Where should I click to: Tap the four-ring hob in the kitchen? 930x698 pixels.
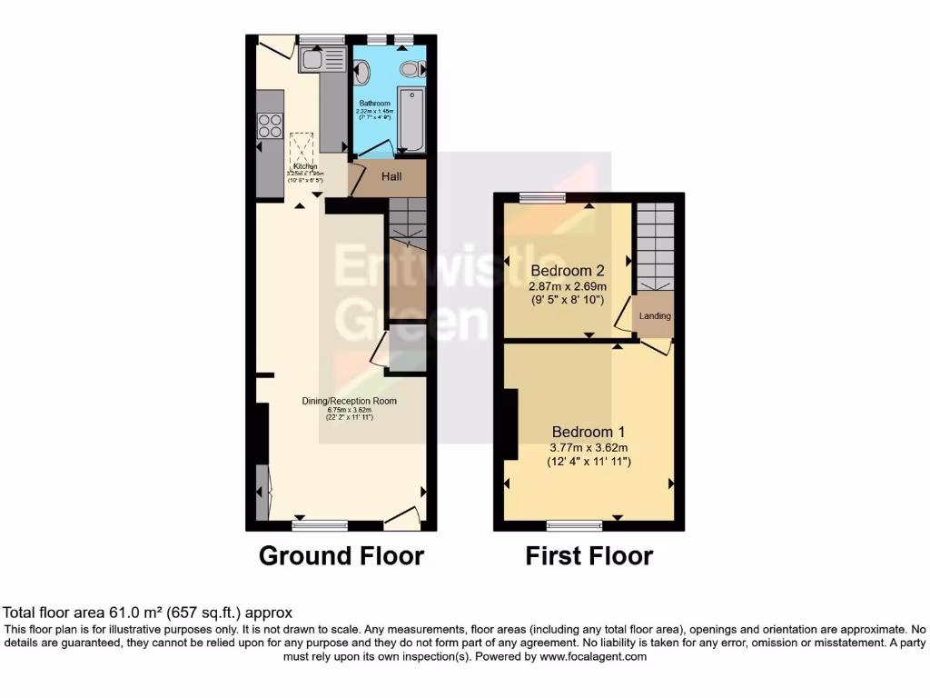pyautogui.click(x=270, y=125)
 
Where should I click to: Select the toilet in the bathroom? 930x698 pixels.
pyautogui.click(x=411, y=68)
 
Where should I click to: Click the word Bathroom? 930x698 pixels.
pyautogui.click(x=374, y=104)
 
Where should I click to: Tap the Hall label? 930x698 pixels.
pyautogui.click(x=391, y=176)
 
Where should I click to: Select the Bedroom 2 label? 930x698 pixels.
pyautogui.click(x=568, y=271)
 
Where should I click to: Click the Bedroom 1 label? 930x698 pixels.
pyautogui.click(x=589, y=432)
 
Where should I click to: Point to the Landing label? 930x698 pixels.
pyautogui.click(x=655, y=316)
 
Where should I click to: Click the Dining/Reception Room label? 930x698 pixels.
pyautogui.click(x=350, y=400)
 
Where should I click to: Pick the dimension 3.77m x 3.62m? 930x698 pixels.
pyautogui.click(x=589, y=447)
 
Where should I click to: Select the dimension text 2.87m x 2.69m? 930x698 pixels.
pyautogui.click(x=568, y=285)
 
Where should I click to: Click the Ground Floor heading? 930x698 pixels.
pyautogui.click(x=341, y=555)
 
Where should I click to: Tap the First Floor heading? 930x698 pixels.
pyautogui.click(x=589, y=555)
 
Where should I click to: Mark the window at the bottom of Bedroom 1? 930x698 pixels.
pyautogui.click(x=574, y=524)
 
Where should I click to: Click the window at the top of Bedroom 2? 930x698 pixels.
pyautogui.click(x=542, y=197)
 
